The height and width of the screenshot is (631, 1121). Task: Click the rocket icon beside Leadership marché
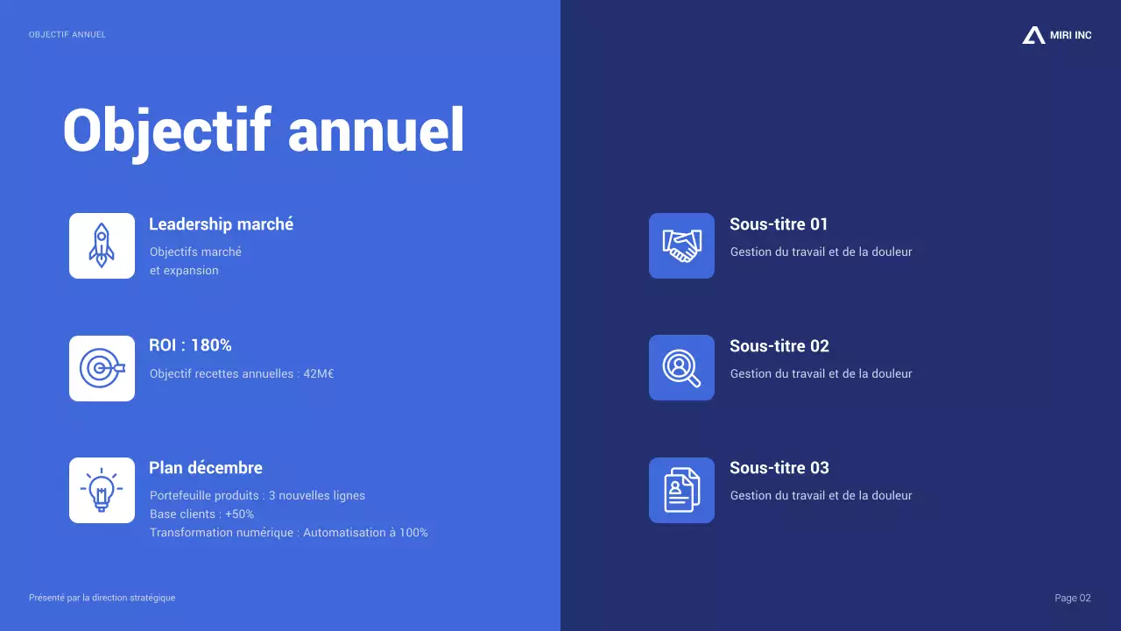click(102, 245)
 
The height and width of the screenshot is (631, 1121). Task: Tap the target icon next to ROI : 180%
click(102, 368)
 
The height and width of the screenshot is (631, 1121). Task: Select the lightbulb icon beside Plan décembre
click(102, 490)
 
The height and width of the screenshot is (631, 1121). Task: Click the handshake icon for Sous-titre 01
click(681, 245)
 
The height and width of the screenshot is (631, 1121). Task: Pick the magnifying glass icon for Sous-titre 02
click(681, 368)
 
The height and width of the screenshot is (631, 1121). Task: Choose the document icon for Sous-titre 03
click(681, 490)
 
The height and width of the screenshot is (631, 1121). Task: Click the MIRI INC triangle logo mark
click(1033, 35)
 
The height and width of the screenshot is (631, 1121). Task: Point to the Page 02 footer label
click(1073, 598)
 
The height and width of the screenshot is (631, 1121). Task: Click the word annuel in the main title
click(376, 131)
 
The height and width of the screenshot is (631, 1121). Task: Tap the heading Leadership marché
click(221, 224)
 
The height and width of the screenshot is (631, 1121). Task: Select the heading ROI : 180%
click(190, 345)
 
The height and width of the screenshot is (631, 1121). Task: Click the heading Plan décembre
click(206, 468)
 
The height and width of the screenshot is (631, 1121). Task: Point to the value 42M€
click(318, 374)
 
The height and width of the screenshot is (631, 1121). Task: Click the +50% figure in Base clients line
click(239, 514)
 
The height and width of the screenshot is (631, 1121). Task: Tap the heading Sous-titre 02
click(779, 346)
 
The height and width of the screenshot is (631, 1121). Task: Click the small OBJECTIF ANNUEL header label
click(67, 35)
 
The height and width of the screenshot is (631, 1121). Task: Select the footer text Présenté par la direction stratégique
click(102, 598)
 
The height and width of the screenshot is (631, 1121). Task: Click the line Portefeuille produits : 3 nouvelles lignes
click(257, 496)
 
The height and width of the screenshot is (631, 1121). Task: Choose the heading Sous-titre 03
click(779, 468)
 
